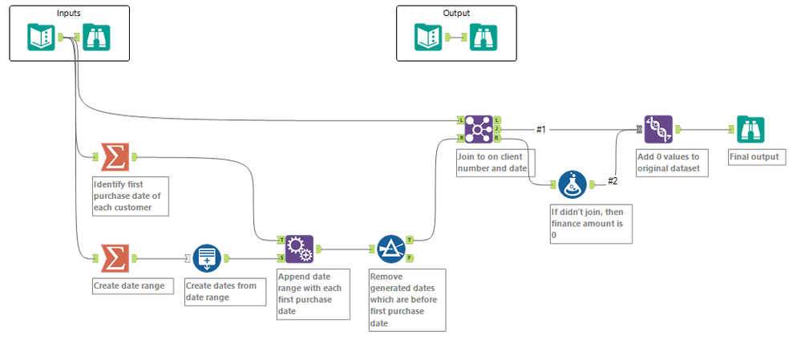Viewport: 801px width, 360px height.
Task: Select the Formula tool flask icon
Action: point(572,184)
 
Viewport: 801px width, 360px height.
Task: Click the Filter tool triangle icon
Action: point(391,249)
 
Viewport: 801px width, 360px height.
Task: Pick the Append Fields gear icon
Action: point(299,249)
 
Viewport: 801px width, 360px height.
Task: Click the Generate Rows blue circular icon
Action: point(207,258)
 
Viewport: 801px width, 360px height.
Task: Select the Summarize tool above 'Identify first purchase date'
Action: point(115,157)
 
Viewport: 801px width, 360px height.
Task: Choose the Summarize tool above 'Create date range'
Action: point(115,258)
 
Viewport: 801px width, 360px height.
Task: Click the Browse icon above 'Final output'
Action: point(750,128)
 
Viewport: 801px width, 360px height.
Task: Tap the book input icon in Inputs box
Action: point(41,37)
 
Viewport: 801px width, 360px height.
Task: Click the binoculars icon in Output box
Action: point(483,37)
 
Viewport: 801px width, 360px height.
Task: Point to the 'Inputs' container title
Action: point(69,13)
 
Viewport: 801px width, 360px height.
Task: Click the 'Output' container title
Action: point(456,13)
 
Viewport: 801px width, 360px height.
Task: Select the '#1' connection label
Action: point(541,129)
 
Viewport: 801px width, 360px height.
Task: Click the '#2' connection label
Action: point(612,180)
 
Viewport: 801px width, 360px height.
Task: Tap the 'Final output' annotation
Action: point(754,157)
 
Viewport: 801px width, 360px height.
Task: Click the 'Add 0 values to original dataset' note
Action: point(672,163)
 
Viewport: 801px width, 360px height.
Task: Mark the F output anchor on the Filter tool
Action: point(411,258)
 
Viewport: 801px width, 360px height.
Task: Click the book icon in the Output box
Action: point(428,37)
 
